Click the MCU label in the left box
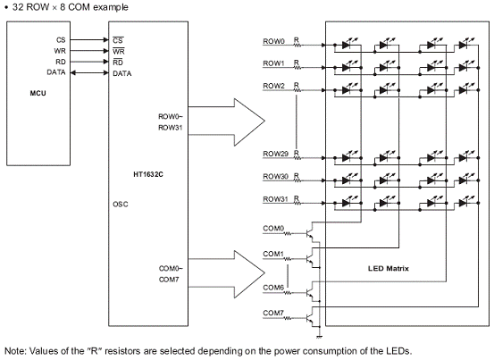(38, 93)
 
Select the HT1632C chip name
(148, 174)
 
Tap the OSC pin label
(121, 205)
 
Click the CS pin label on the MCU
(61, 40)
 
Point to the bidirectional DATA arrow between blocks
(89, 72)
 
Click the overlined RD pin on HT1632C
(118, 63)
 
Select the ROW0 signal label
(273, 41)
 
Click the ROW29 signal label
(276, 154)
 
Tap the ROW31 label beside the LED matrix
(276, 199)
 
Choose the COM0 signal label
(273, 229)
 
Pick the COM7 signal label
(273, 313)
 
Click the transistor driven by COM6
(310, 293)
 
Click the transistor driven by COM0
(310, 233)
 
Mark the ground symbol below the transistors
(320, 337)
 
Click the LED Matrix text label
(388, 269)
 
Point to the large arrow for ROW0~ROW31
(227, 121)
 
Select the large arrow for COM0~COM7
(227, 273)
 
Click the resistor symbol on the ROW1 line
(297, 68)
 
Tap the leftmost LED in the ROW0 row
(346, 45)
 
